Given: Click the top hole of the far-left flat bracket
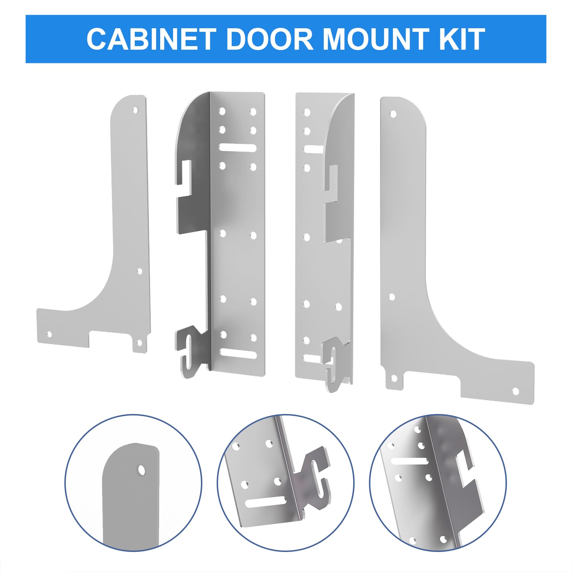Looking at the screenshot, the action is tap(135, 109).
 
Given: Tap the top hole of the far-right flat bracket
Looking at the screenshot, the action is tap(393, 114).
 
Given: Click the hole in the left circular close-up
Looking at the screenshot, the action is tap(142, 470).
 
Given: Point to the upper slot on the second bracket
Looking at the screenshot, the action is tap(238, 148).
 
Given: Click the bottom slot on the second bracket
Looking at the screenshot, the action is tap(238, 354).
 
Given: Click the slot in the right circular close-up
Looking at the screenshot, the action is tap(410, 461).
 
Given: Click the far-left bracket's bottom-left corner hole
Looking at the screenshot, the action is tap(49, 335).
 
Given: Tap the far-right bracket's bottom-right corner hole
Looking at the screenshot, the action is tap(516, 391).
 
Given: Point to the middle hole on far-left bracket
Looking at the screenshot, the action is tap(140, 271).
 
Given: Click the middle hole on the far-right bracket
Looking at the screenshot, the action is tap(392, 297).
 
